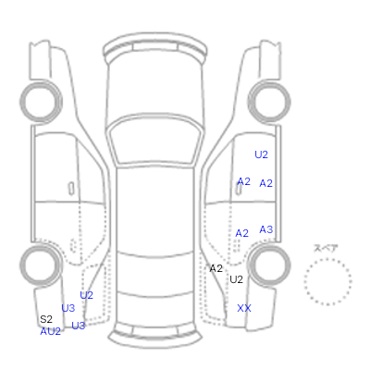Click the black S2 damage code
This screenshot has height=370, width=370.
[46, 319]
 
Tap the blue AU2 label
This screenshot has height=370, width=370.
[50, 331]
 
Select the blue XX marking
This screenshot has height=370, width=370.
[244, 308]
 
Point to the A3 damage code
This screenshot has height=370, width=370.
[266, 229]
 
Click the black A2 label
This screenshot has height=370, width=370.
[216, 268]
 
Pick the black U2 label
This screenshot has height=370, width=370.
[236, 279]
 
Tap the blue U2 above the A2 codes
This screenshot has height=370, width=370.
[261, 154]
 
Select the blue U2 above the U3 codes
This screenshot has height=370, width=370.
[86, 295]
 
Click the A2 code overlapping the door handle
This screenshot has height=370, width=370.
[243, 181]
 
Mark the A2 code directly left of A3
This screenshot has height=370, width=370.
[241, 233]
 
